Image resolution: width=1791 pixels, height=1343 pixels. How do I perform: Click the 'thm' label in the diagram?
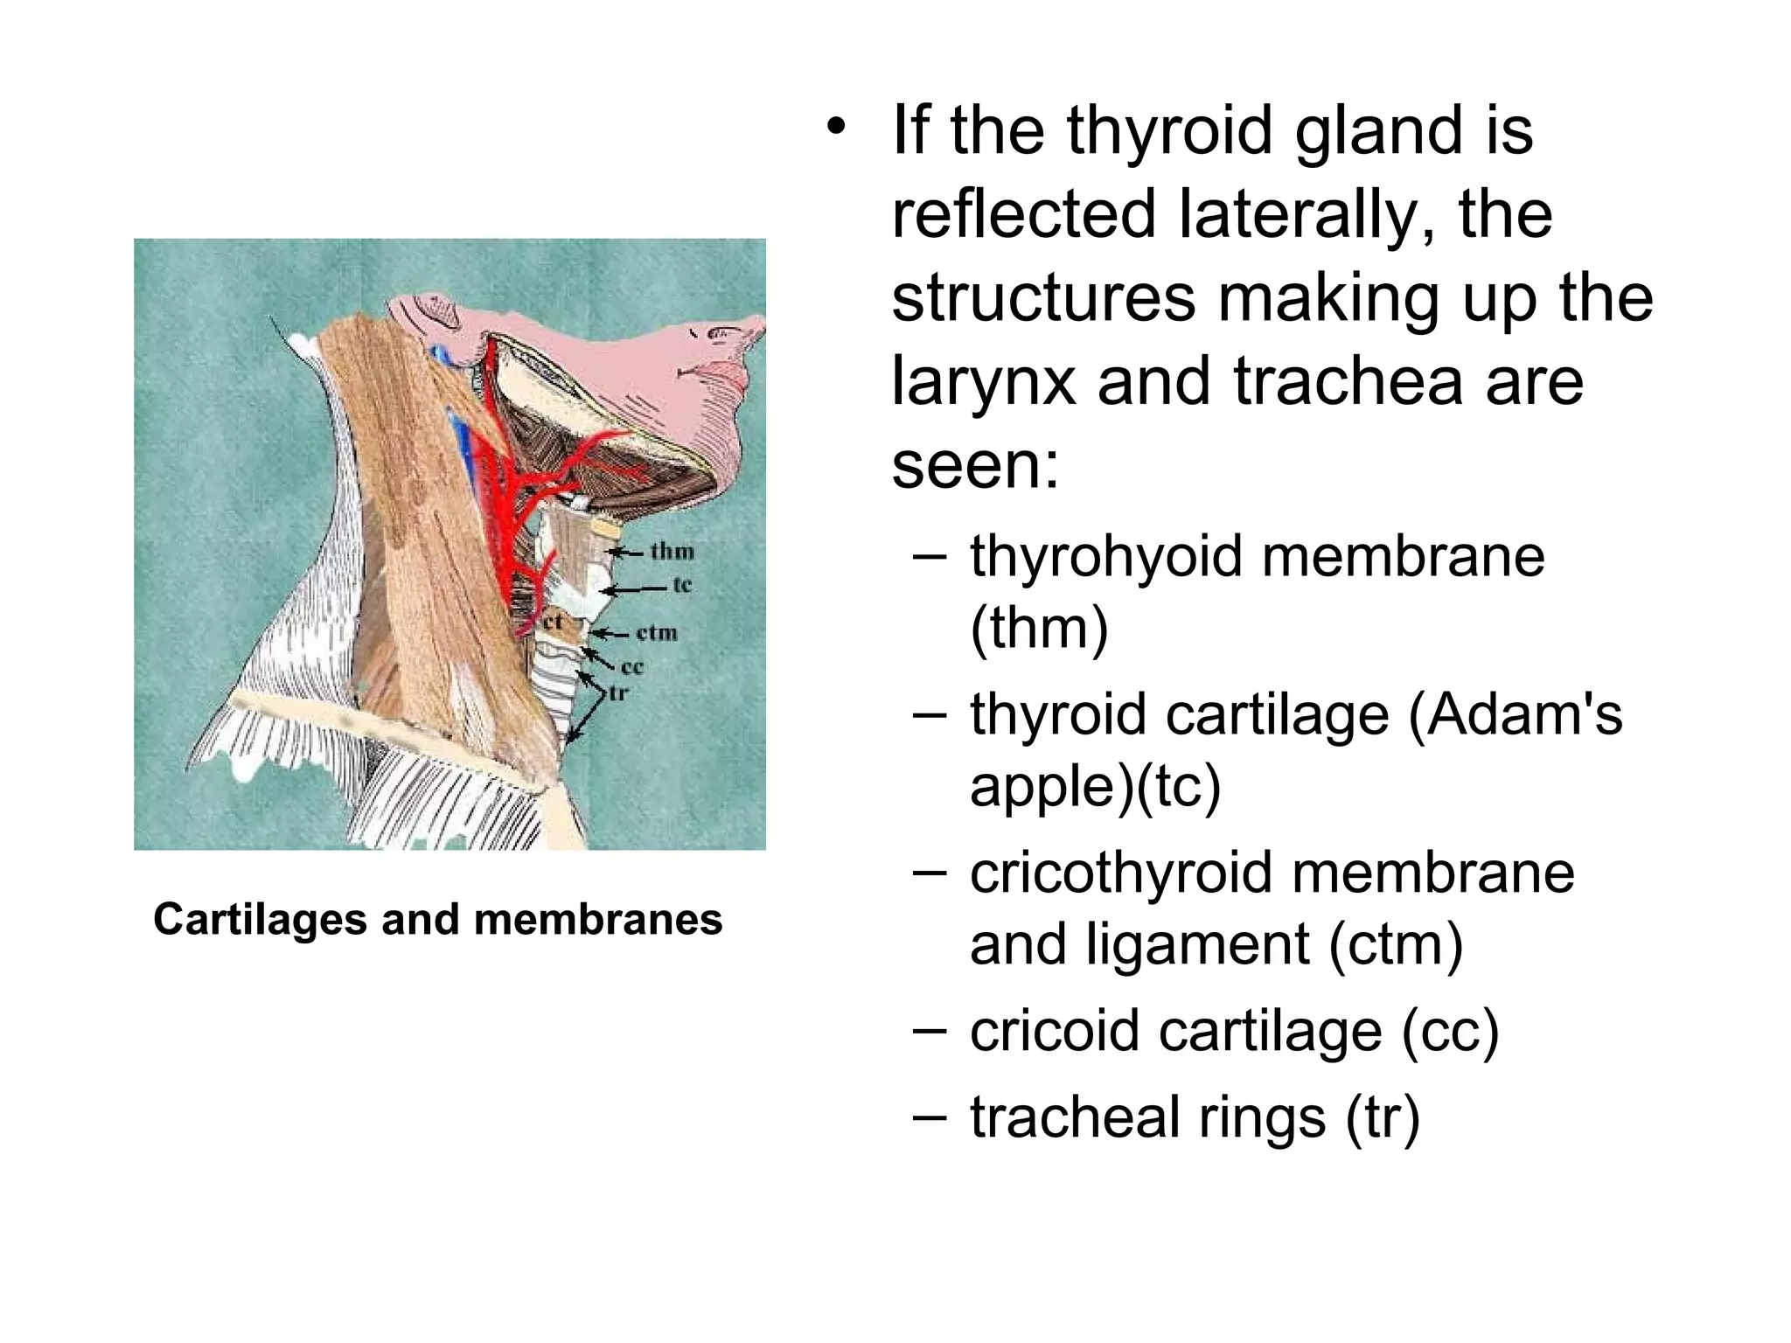point(672,552)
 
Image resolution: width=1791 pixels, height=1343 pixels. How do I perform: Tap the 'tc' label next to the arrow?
point(682,585)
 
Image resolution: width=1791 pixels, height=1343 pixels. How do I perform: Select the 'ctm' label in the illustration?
point(657,632)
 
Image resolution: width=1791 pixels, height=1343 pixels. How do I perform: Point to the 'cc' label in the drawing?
point(632,667)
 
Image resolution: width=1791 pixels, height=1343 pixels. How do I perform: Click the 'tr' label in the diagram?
point(618,693)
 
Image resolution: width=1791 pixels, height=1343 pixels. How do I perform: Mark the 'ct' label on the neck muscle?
point(553,622)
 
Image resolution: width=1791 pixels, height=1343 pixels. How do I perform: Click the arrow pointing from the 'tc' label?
point(636,590)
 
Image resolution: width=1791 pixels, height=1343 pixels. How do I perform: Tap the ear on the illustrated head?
point(435,309)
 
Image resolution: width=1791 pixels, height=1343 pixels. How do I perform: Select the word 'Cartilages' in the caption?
point(260,920)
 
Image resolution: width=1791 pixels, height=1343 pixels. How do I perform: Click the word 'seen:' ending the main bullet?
point(975,465)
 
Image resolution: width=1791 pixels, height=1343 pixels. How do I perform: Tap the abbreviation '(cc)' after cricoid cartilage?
point(1450,1031)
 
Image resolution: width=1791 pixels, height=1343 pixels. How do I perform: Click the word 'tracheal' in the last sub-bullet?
point(1077,1117)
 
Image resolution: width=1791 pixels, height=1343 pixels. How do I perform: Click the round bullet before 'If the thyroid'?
point(837,129)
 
